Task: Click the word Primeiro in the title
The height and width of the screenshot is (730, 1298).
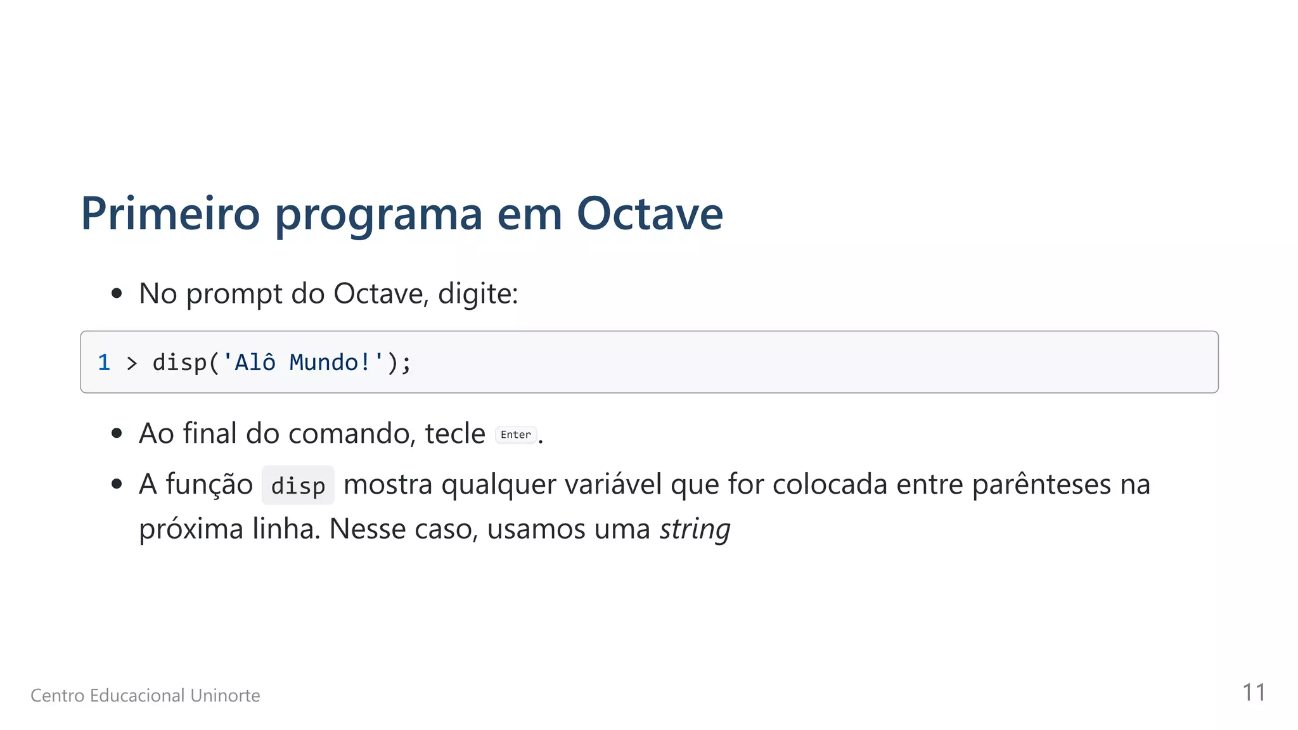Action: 170,214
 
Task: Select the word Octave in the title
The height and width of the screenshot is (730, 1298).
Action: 650,214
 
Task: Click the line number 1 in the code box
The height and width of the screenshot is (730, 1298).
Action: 104,362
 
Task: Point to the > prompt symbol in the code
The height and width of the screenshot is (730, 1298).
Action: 132,363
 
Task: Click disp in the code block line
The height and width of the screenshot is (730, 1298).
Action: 179,362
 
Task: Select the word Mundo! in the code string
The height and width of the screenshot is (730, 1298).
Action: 330,362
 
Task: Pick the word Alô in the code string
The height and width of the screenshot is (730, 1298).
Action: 255,362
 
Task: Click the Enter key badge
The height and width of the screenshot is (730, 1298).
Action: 515,435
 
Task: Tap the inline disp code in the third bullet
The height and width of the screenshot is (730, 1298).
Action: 298,486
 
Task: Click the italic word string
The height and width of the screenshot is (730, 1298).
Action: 695,529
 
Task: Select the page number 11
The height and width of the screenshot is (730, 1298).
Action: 1254,693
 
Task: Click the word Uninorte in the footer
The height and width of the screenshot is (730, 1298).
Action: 225,696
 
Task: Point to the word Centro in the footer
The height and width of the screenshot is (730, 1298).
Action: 57,696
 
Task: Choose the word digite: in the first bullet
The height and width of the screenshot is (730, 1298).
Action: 478,294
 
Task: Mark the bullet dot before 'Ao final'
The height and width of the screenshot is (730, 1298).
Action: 117,433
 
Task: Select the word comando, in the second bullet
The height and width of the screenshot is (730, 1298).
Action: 352,434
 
